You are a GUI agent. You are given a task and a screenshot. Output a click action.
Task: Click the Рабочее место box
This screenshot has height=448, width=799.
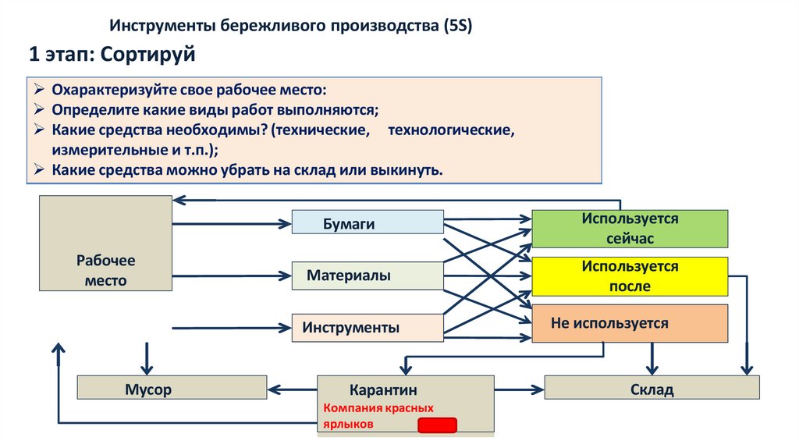[105, 243]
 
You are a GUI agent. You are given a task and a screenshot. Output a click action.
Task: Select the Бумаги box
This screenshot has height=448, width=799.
[368, 222]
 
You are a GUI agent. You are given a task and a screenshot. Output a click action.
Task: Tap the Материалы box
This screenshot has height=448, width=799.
[368, 276]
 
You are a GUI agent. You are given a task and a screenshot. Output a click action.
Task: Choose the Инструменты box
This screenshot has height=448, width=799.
[368, 328]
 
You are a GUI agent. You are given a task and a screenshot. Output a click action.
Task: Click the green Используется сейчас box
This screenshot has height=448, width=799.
[629, 228]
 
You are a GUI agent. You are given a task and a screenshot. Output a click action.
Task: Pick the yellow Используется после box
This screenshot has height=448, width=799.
[629, 276]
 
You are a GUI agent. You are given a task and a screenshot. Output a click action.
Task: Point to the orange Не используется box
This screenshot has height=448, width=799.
[629, 323]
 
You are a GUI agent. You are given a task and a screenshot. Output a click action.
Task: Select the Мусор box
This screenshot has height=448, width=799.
[172, 388]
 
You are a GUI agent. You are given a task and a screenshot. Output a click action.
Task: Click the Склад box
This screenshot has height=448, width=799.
[652, 388]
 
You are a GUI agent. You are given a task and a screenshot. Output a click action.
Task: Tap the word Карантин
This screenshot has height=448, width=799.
[383, 389]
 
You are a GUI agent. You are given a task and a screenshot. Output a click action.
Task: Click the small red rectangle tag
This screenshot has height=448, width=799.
[437, 425]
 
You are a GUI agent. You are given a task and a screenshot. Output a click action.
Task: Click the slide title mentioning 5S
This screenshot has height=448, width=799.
[290, 26]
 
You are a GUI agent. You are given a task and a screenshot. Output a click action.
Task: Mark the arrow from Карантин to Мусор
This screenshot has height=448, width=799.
[292, 388]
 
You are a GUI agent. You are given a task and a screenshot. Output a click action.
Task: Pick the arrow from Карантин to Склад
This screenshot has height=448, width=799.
[519, 388]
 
